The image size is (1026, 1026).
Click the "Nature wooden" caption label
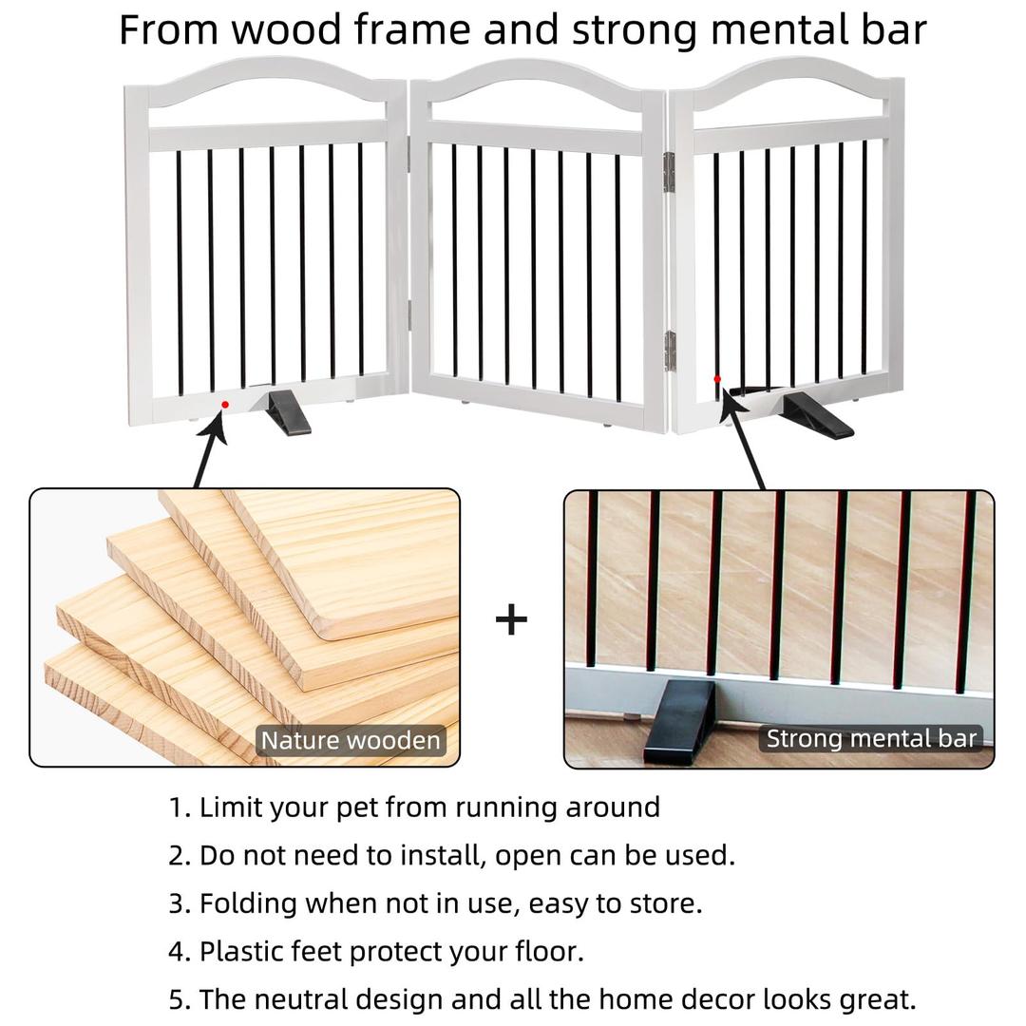click(351, 741)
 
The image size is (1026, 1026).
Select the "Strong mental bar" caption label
click(871, 738)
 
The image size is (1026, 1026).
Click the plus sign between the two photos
click(511, 619)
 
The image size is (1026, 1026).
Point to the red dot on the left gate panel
click(225, 405)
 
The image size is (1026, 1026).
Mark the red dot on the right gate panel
click(717, 379)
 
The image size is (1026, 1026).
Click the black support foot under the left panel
click(287, 413)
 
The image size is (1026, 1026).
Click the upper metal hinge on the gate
click(669, 170)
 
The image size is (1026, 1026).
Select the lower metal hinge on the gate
click(669, 351)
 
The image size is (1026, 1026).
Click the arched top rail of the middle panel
click(538, 79)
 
